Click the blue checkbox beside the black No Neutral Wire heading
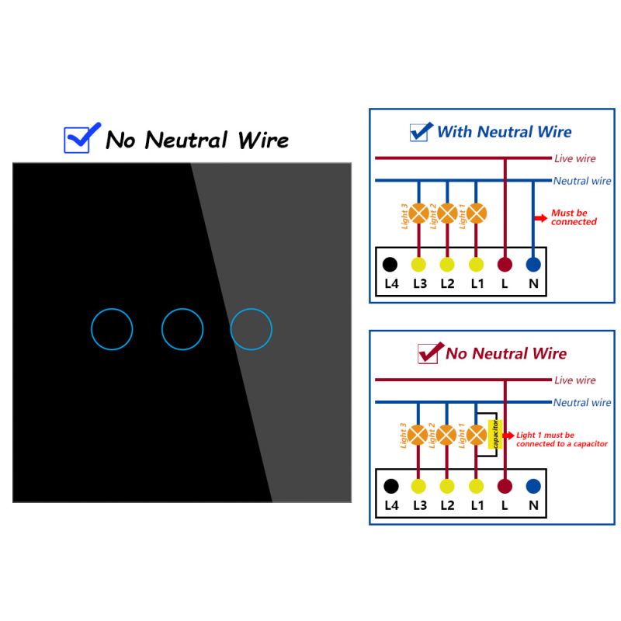point(76,140)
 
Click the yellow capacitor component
point(495,435)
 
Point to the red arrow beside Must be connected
point(541,218)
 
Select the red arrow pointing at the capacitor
point(508,435)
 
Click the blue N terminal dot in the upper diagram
point(533,265)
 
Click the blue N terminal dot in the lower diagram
point(533,487)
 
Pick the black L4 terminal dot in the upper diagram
point(390,265)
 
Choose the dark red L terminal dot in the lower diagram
point(505,487)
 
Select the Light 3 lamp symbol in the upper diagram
point(418,213)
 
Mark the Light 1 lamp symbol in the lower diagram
point(476,435)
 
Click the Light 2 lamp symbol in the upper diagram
point(448,213)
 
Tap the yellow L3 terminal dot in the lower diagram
point(418,487)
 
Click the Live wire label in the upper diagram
point(574,158)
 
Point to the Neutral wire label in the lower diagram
point(581,402)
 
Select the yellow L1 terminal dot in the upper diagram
point(476,265)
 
